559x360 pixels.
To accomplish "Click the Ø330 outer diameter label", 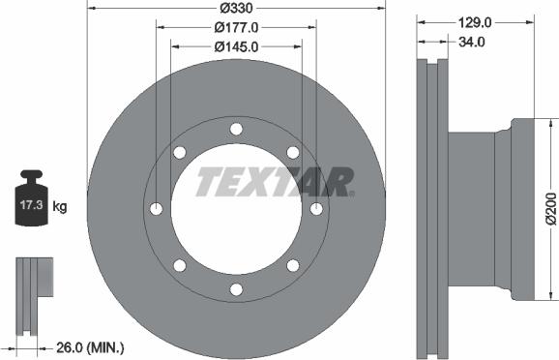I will pyautogui.click(x=236, y=8).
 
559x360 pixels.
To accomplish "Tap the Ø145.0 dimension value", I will pyautogui.click(x=236, y=45).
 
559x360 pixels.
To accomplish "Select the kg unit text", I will pyautogui.click(x=61, y=206).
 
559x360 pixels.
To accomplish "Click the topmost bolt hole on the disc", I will pyautogui.click(x=236, y=129).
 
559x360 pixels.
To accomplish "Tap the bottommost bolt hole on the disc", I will pyautogui.click(x=236, y=289).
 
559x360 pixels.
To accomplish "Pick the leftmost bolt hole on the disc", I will pyautogui.click(x=156, y=209).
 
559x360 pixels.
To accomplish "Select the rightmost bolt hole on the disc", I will pyautogui.click(x=316, y=209).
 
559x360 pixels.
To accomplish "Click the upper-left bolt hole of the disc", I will pyautogui.click(x=180, y=152).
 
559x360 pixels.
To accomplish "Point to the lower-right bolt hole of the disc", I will pyautogui.click(x=293, y=266).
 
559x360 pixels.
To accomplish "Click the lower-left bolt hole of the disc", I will pyautogui.click(x=180, y=266).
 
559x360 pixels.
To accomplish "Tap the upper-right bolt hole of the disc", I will pyautogui.click(x=293, y=152).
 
